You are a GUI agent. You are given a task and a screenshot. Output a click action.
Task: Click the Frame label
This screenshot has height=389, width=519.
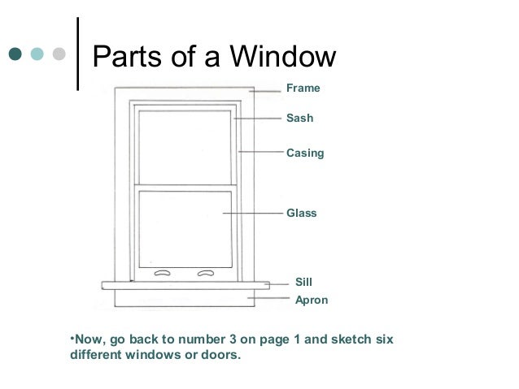coord(303,89)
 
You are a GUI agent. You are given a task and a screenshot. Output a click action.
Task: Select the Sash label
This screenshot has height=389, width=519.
coord(299,119)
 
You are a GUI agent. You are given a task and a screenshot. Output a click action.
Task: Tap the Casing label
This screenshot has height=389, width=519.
coord(305,153)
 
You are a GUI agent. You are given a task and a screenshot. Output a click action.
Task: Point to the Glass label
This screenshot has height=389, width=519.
coord(301,214)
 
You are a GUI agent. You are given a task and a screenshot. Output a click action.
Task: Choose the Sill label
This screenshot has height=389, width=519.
coord(303,283)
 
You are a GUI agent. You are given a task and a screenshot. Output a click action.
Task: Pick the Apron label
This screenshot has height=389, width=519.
coord(311,300)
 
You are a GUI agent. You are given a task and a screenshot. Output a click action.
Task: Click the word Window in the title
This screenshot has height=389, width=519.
coord(284,56)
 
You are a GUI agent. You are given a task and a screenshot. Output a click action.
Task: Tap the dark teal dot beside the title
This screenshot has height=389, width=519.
coord(16,55)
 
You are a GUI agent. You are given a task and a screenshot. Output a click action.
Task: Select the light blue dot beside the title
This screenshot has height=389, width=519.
coord(37,55)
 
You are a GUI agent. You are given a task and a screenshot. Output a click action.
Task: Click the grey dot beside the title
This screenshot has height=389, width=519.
coord(59,55)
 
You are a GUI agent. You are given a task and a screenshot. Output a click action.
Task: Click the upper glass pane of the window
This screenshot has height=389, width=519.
coord(185,146)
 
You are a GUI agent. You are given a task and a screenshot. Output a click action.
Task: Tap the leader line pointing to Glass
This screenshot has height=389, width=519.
coord(252,214)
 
